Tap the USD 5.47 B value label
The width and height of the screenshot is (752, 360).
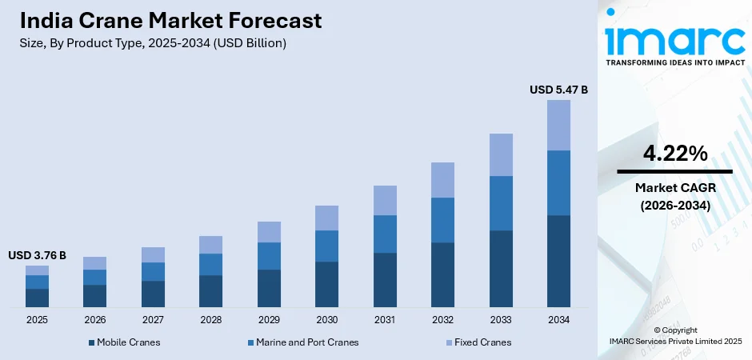click(x=558, y=90)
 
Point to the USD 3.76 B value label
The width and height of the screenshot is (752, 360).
click(x=37, y=255)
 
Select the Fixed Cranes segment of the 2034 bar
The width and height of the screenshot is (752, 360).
click(x=558, y=125)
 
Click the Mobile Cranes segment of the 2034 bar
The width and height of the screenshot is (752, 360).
click(x=558, y=261)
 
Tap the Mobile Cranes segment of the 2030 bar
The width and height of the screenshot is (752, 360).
click(x=326, y=284)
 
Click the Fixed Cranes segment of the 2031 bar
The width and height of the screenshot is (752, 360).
click(x=385, y=200)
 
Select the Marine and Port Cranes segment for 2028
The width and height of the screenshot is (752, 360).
click(x=210, y=264)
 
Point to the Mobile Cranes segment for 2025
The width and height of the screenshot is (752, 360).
click(x=37, y=298)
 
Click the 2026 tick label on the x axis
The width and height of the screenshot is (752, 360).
click(x=94, y=319)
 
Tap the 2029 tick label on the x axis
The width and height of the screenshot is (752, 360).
click(x=269, y=319)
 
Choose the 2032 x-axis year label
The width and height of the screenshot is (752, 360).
click(x=442, y=319)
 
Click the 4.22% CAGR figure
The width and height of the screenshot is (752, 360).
click(x=674, y=154)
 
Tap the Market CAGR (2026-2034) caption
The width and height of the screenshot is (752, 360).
click(x=674, y=196)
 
